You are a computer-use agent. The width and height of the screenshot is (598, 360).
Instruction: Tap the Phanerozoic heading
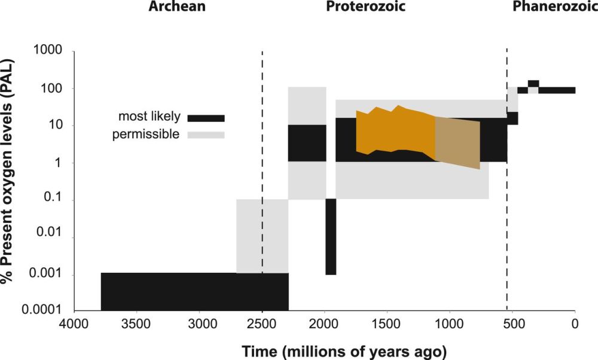(x=554, y=7)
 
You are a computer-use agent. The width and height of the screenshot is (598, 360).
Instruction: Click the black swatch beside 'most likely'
(x=206, y=118)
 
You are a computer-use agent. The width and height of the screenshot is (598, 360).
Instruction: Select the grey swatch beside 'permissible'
(x=206, y=135)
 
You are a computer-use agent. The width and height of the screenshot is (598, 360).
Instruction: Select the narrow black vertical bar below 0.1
(x=331, y=237)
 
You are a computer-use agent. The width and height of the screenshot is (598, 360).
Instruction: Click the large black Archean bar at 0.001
(x=194, y=292)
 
